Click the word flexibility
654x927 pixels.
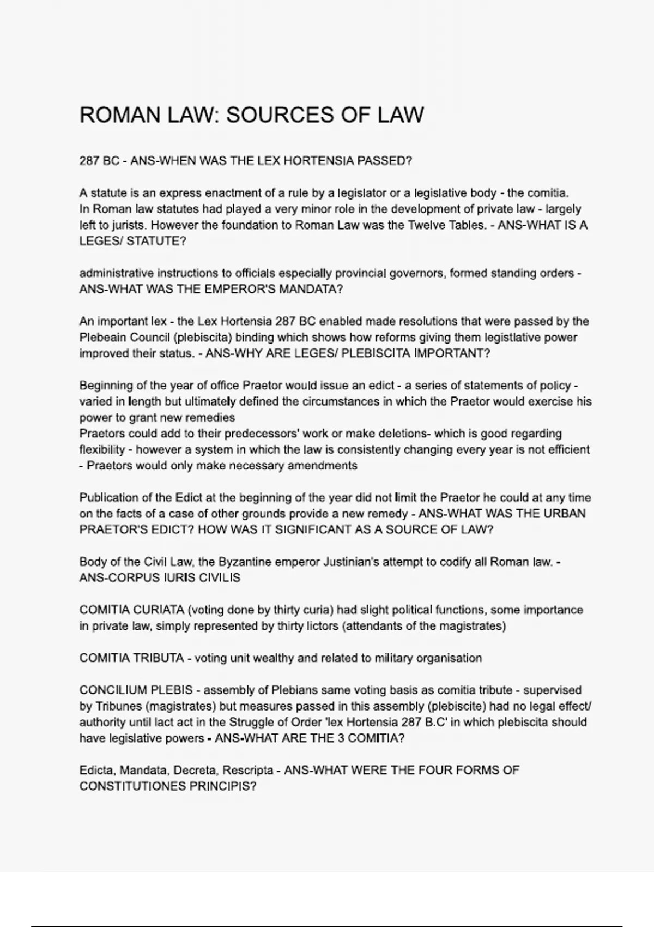tap(101, 450)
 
